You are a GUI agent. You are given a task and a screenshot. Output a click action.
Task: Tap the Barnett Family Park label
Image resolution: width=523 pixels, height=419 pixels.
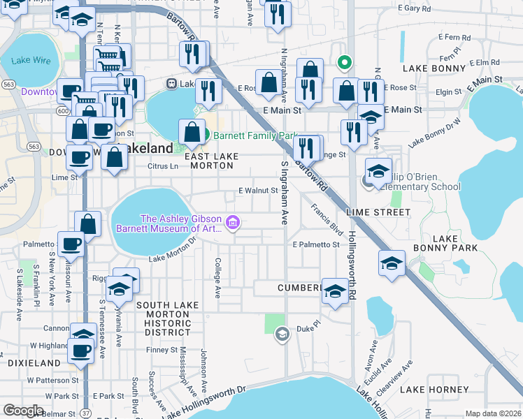[x=255, y=135]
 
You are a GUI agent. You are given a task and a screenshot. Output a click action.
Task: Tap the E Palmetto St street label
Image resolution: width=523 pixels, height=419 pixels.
[x=316, y=244]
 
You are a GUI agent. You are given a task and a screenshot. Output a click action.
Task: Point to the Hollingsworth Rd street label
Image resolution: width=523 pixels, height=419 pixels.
[x=352, y=265]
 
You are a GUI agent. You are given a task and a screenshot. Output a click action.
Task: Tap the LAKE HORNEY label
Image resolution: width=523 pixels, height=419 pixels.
[x=439, y=389]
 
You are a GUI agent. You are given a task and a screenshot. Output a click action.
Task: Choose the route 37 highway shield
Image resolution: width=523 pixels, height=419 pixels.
[x=85, y=413]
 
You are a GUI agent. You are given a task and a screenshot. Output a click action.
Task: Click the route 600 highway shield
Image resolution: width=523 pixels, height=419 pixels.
[x=64, y=110]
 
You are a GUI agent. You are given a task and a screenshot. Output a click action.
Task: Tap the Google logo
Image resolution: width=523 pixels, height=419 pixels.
[x=23, y=411]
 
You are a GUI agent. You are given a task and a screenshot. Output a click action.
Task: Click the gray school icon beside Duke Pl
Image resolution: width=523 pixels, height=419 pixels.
[x=282, y=334]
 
